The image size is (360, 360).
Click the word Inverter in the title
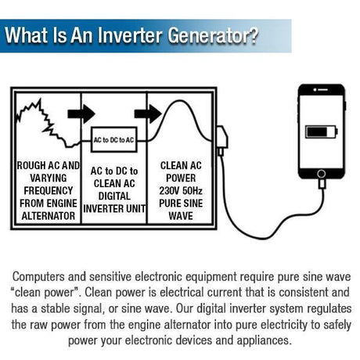[131, 35]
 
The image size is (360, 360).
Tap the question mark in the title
[253, 35]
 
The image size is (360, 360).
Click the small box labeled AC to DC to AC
[113, 139]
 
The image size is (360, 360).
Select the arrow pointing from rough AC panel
[81, 113]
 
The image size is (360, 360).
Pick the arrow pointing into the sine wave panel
[148, 113]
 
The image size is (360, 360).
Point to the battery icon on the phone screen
[322, 132]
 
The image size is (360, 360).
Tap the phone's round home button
[322, 174]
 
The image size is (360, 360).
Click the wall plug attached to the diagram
[222, 141]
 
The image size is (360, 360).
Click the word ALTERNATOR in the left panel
[49, 216]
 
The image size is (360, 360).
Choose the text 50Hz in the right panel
[193, 191]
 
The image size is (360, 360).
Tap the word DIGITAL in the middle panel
[114, 196]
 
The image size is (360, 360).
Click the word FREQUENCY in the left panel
[49, 191]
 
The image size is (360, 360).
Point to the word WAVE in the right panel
[181, 216]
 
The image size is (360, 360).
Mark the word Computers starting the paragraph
[38, 277]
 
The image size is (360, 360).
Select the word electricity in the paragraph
[283, 325]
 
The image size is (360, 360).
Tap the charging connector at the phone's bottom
[322, 183]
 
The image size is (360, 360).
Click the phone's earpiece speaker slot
[323, 89]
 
